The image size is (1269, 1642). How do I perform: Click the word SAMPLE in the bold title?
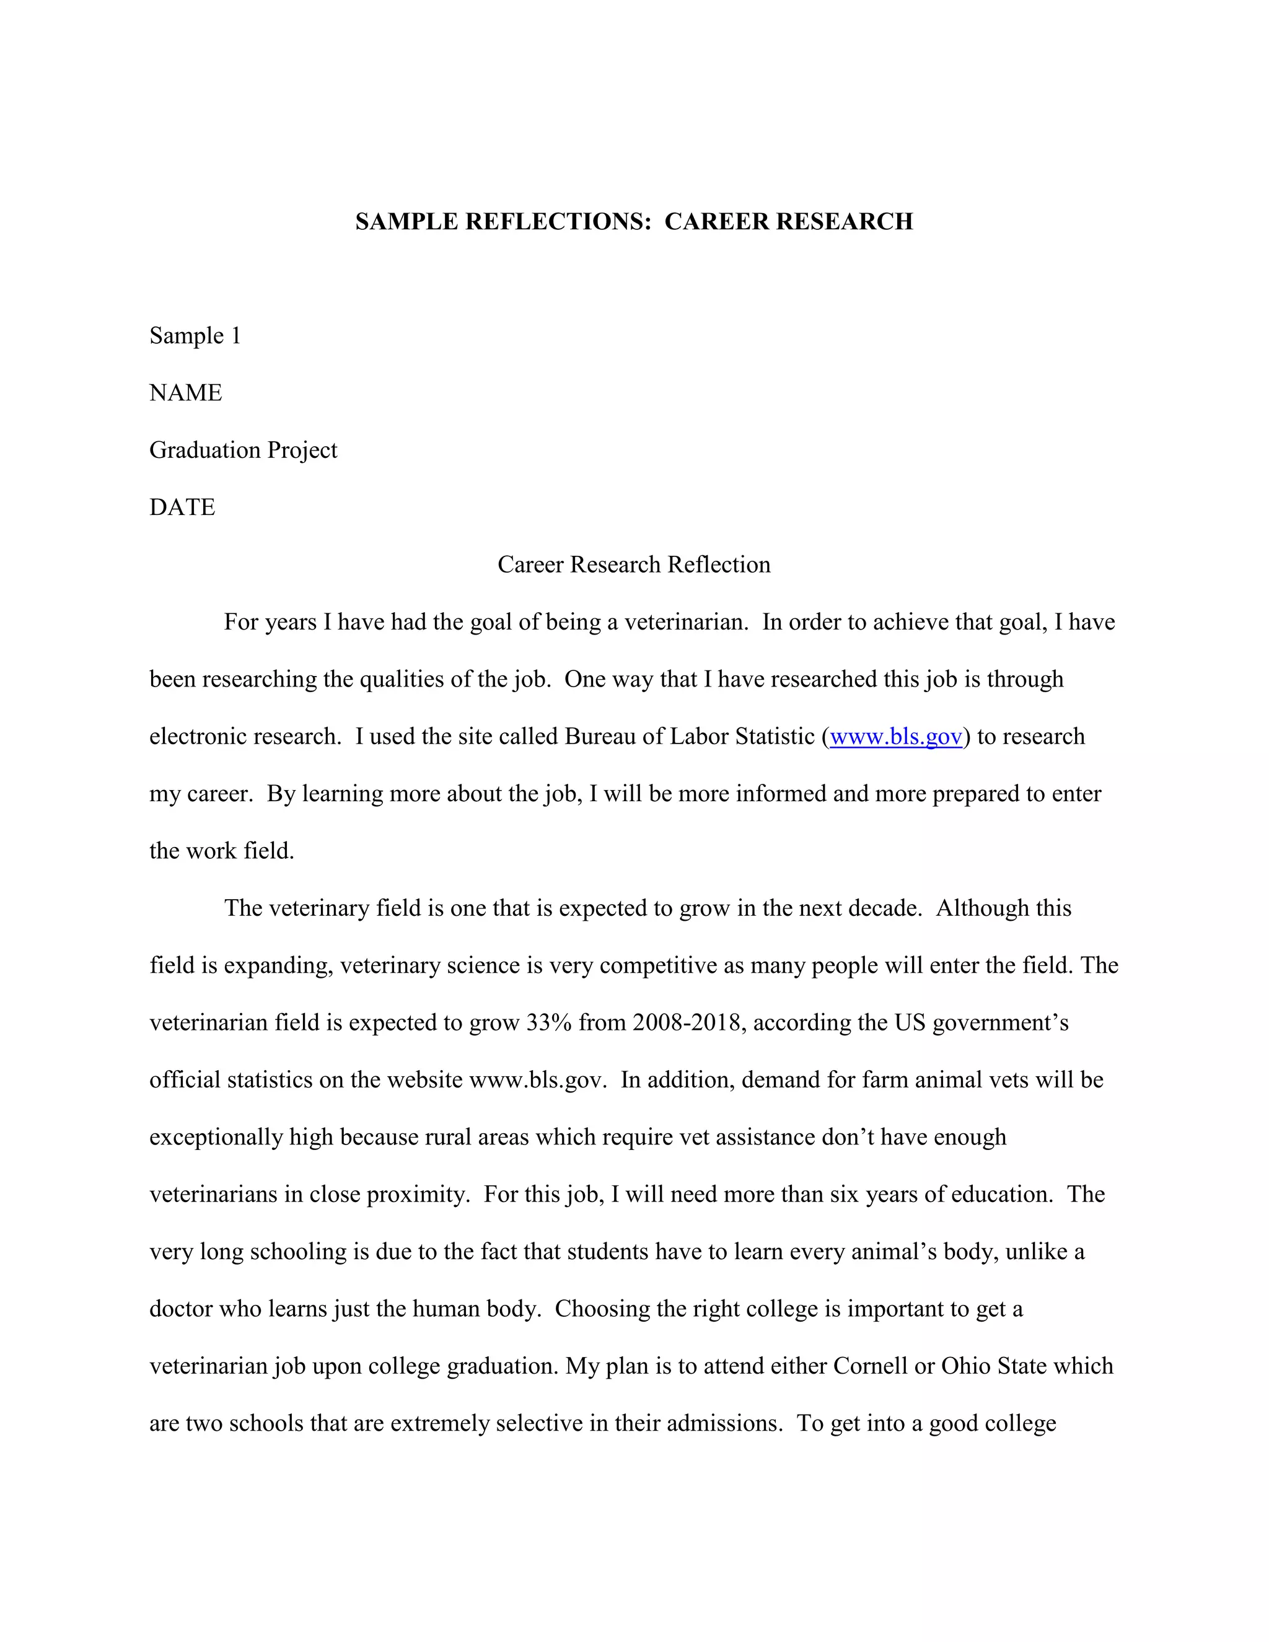point(406,222)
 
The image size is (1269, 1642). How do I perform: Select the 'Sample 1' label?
point(195,335)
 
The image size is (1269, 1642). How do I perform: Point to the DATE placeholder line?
point(182,507)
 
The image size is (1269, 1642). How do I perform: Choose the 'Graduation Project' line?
point(243,450)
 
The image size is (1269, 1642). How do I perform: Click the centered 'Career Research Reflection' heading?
point(634,564)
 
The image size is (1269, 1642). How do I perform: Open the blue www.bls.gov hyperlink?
point(895,737)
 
